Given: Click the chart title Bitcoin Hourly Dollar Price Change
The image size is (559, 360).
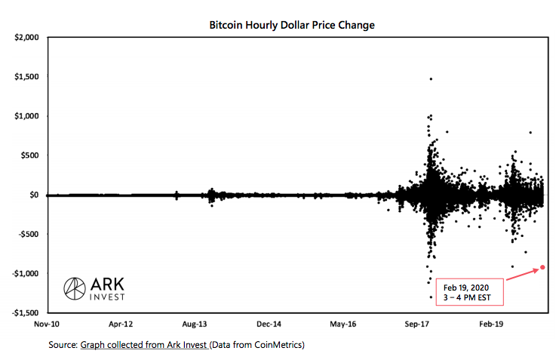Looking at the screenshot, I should [291, 25].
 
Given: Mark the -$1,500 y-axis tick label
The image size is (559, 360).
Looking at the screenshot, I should [26, 312].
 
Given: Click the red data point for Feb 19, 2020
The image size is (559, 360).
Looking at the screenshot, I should [542, 267].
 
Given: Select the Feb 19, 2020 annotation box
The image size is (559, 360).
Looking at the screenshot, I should [468, 292].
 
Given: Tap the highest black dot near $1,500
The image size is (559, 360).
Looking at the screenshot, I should [431, 78].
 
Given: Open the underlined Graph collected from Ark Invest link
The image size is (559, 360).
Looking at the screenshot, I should [143, 345].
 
